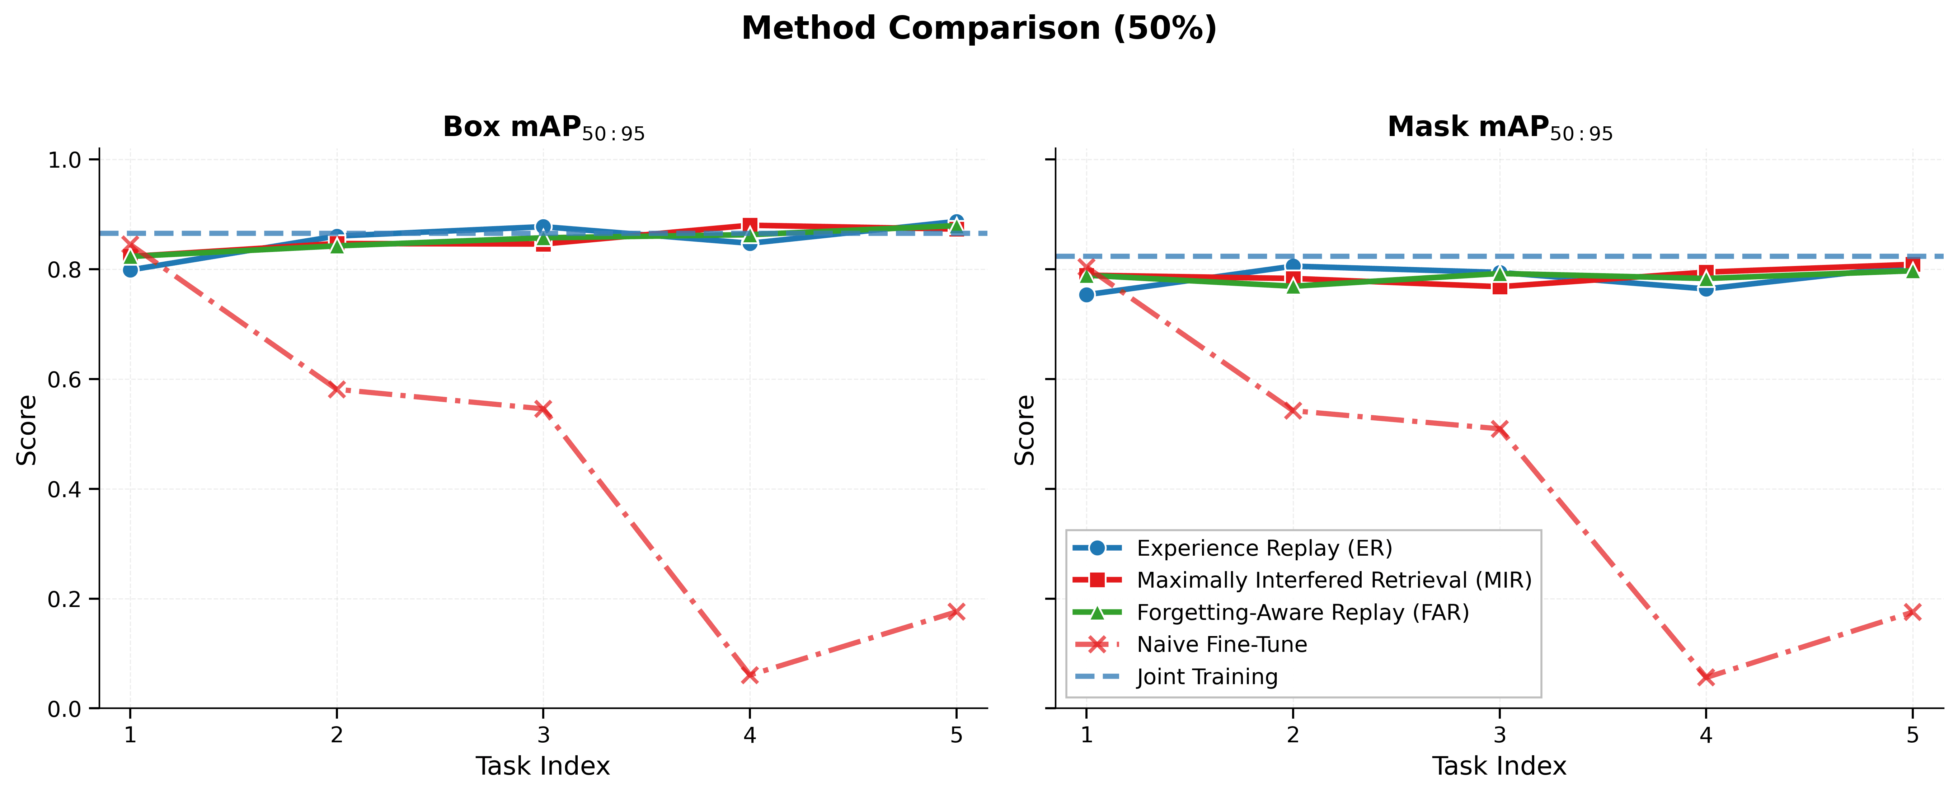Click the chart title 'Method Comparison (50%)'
coord(979,29)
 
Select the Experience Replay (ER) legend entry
coord(1263,548)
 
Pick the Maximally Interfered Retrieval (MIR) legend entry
coord(1333,580)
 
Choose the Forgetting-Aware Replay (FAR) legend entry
coord(1302,612)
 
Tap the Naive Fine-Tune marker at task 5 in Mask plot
coord(1912,611)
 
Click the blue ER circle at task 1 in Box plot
coord(130,270)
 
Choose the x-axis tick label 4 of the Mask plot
coord(1706,735)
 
